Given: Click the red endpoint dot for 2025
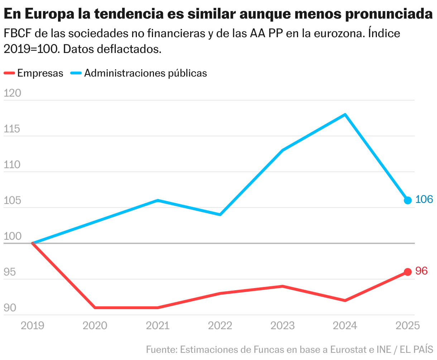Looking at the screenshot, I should click(408, 272).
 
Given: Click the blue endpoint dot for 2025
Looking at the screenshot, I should click(408, 200).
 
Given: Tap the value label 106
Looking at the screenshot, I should click(424, 199).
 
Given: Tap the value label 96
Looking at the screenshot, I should click(421, 271).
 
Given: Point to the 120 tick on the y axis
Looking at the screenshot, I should click(13, 93).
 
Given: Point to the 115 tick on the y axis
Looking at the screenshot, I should click(13, 129).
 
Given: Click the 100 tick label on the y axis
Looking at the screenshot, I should click(13, 237).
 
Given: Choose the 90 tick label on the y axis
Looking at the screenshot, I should click(10, 308).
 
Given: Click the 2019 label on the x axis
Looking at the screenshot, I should click(33, 326).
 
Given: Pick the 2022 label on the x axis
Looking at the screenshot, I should click(220, 326).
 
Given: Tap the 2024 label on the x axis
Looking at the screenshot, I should click(345, 326).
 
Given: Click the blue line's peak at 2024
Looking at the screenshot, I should click(345, 115).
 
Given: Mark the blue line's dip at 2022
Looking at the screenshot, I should click(220, 215).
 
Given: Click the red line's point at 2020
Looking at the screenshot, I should click(95, 307).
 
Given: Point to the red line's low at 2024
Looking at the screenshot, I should click(345, 300).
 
